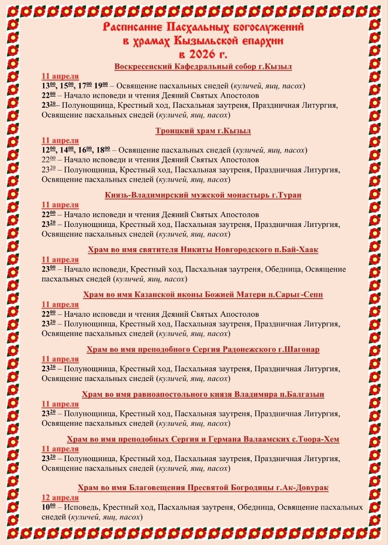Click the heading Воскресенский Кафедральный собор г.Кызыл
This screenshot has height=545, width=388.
click(203, 67)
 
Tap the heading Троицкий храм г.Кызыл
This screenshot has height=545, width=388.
click(203, 131)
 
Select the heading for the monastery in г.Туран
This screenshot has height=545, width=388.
click(203, 195)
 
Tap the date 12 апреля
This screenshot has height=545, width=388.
click(60, 498)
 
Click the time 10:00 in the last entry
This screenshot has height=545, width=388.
click(49, 508)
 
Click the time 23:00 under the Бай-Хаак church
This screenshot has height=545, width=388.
click(49, 270)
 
